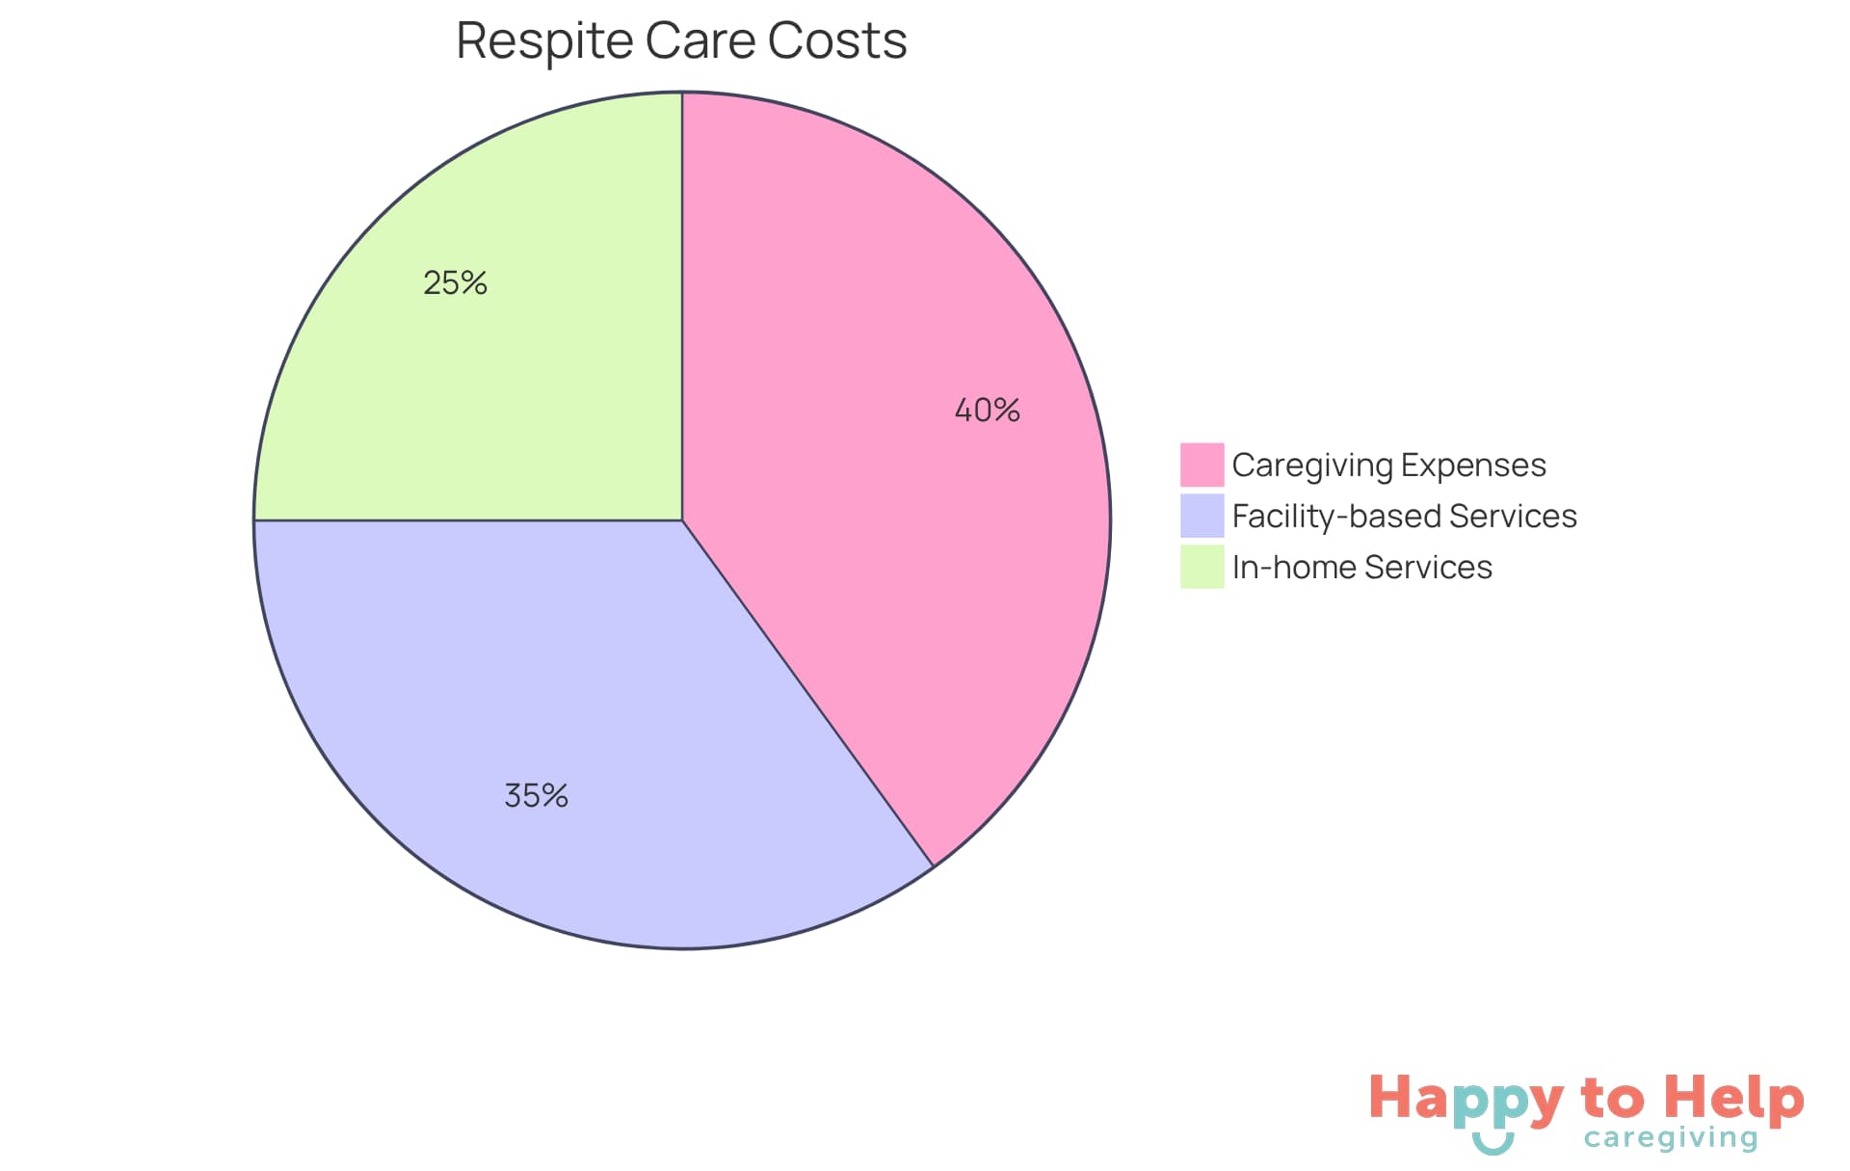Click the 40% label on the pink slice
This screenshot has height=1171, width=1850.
(x=987, y=411)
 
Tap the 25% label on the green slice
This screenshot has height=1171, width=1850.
(x=455, y=283)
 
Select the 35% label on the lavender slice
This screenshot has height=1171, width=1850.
(x=536, y=796)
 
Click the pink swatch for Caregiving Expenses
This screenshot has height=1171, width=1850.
(x=1202, y=465)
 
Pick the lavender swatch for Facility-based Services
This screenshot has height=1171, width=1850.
(x=1202, y=516)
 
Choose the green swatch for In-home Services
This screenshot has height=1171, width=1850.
(x=1202, y=567)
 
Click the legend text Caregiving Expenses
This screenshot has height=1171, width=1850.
(x=1388, y=466)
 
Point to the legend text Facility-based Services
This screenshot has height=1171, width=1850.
(x=1404, y=517)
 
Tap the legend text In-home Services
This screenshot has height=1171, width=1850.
(x=1361, y=568)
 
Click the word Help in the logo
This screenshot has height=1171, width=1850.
(x=1733, y=1099)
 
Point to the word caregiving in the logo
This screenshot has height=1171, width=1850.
(x=1671, y=1138)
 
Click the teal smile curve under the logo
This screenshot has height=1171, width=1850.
(x=1493, y=1146)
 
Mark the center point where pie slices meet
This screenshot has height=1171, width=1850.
(x=682, y=520)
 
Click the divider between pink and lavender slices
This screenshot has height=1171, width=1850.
(x=807, y=693)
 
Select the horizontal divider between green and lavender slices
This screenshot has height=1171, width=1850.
(x=467, y=520)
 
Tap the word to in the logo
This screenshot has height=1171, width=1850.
(x=1612, y=1100)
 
